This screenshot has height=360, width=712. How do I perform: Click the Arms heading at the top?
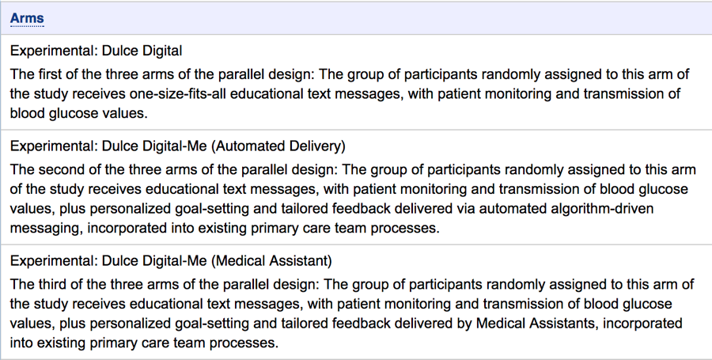pos(27,18)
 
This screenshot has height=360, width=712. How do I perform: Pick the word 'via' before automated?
pos(465,208)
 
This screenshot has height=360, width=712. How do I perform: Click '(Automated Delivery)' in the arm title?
pos(278,146)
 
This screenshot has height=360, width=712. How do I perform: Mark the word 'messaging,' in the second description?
pos(47,228)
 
